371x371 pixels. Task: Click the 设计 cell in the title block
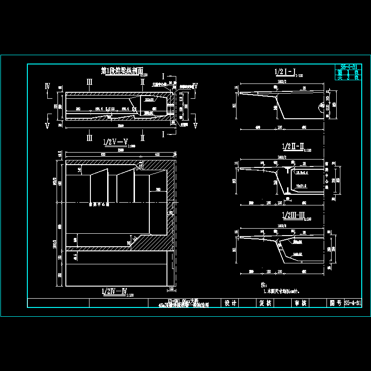tap(230, 303)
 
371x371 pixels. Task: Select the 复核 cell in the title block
tap(265, 303)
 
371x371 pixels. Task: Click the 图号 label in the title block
tap(335, 303)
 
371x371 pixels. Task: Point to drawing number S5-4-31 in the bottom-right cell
tap(353, 303)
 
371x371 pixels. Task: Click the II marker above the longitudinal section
tap(142, 82)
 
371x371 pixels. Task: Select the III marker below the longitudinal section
tap(90, 138)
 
